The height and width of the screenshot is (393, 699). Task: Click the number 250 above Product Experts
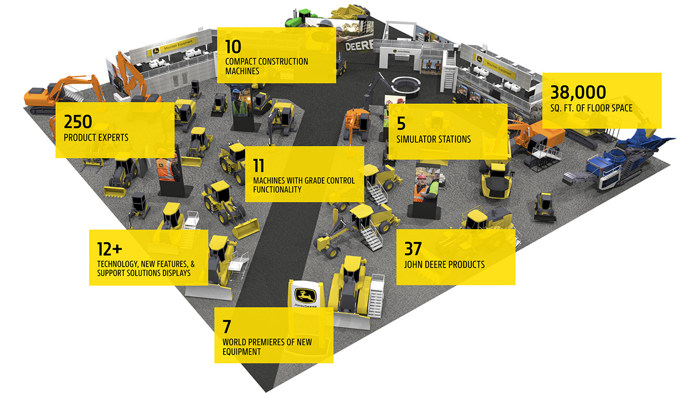tap(78, 122)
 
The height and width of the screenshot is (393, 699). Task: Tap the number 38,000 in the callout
tap(578, 93)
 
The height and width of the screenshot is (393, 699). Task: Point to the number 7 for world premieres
tap(227, 326)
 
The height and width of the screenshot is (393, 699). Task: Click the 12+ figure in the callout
tap(110, 249)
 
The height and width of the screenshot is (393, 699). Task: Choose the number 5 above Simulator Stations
tap(401, 123)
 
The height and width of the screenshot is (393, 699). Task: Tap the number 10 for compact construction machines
tap(233, 47)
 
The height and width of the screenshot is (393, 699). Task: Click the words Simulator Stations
tap(433, 139)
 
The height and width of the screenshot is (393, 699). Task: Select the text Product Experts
tap(96, 138)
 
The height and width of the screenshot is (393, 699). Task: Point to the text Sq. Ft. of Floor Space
tap(591, 108)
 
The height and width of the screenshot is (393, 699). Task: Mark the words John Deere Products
tap(444, 265)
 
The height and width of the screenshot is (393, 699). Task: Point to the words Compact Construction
tap(267, 61)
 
